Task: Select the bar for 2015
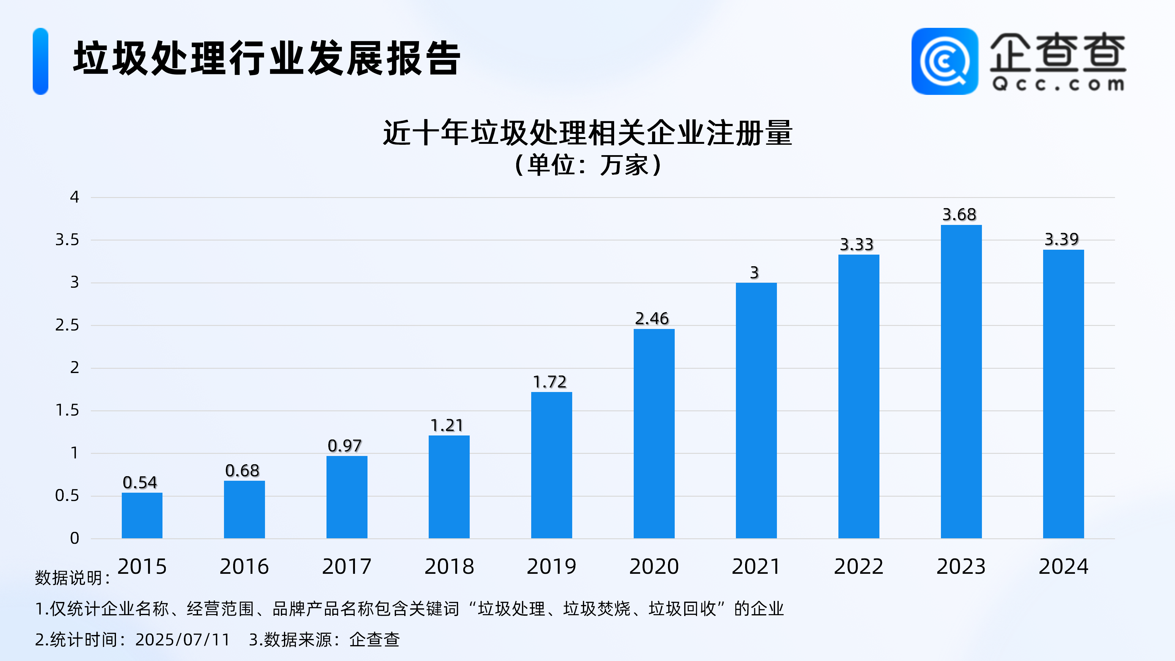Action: click(142, 515)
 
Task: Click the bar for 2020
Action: click(654, 433)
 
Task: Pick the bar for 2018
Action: click(449, 487)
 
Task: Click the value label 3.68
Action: click(959, 215)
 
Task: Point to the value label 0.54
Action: click(140, 482)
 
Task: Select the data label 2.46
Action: click(652, 318)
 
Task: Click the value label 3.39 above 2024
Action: click(1062, 239)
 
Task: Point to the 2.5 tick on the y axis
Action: click(67, 325)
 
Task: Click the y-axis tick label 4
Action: click(74, 197)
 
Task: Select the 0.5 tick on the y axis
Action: click(67, 495)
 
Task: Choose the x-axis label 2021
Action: click(756, 566)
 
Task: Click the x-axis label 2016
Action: click(244, 566)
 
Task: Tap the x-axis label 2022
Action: click(858, 566)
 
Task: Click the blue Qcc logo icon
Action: click(945, 61)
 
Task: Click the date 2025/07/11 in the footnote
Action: click(182, 640)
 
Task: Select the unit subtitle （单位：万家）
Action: click(587, 165)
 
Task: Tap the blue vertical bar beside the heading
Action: click(41, 61)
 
